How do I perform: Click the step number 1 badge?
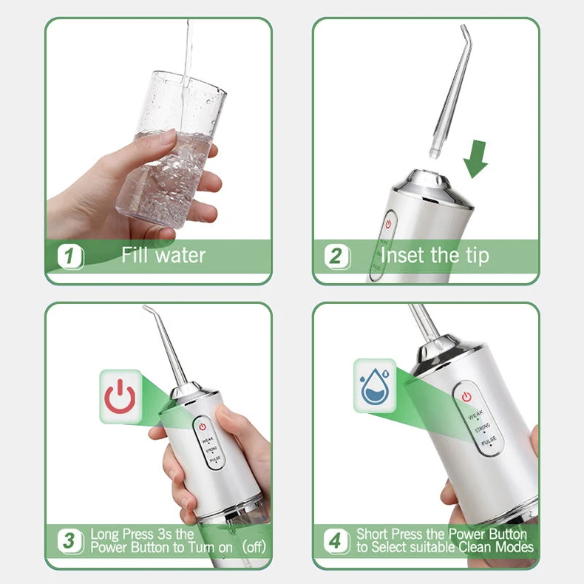coord(70,257)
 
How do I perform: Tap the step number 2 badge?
coord(336,257)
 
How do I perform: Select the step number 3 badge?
coord(70,540)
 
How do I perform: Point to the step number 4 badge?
coord(336,540)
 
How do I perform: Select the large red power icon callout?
coord(120,396)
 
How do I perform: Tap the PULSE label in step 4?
coord(489,441)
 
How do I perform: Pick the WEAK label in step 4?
coord(475,414)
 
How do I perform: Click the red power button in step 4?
coord(466,397)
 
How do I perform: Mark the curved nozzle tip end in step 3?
coord(147,308)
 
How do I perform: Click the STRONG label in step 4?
coord(483,427)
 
